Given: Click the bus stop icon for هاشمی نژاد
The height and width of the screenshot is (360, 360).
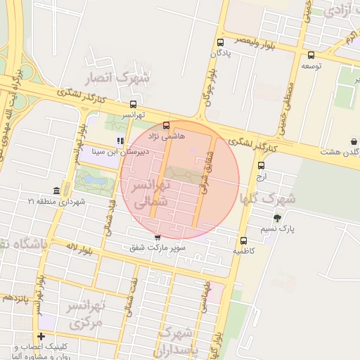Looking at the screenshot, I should point(167,126).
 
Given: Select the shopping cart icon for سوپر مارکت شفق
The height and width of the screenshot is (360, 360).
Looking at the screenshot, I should point(157,238).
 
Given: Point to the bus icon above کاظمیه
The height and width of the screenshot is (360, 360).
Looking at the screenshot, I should point(244,240).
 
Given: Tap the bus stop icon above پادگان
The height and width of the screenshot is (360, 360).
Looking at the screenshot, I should point(221,42).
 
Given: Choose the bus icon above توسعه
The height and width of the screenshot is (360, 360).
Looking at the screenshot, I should point(311,55).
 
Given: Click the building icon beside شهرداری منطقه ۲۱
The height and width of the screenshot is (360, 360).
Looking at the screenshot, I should point(56,191).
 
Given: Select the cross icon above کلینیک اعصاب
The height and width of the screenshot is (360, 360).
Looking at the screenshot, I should point(41,336).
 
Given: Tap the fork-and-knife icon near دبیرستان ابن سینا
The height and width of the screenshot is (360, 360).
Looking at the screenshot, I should point(120,141).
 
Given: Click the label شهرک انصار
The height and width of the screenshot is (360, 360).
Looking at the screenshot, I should point(116,78).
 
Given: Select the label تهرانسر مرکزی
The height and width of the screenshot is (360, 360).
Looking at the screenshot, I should point(86,314).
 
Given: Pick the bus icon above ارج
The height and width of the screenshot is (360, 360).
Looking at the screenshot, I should point(262,166).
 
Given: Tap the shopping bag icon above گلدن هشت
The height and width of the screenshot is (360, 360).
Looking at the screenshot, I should point(353,141).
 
